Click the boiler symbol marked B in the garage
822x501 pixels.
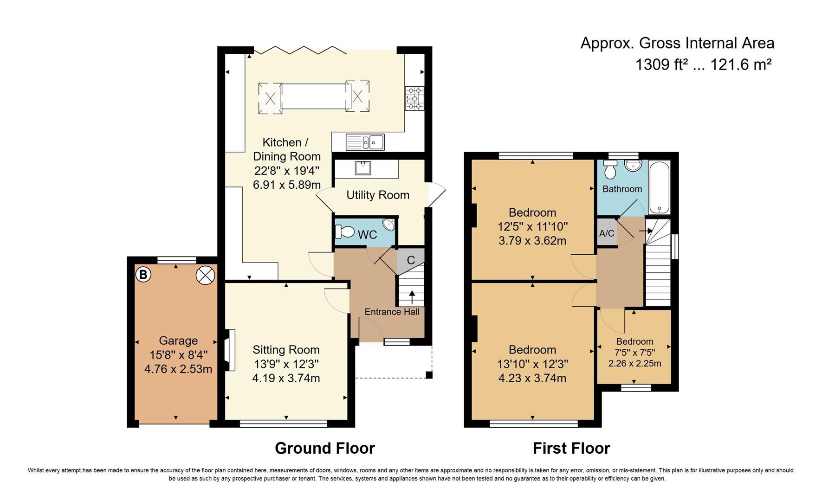143,275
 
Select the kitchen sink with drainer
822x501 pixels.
365,142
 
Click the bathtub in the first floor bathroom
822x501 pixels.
660,187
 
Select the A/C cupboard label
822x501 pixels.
607,233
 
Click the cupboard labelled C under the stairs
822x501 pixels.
411,260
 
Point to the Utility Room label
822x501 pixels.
378,195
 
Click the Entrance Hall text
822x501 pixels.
392,312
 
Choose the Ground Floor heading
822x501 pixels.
325,448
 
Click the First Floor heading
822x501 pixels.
571,448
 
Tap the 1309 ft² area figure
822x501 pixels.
661,64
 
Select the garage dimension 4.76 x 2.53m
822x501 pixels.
178,369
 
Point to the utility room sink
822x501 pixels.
362,167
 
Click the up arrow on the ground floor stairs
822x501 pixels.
412,297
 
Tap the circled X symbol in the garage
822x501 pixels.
206,276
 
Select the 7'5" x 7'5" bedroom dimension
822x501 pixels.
634,353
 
